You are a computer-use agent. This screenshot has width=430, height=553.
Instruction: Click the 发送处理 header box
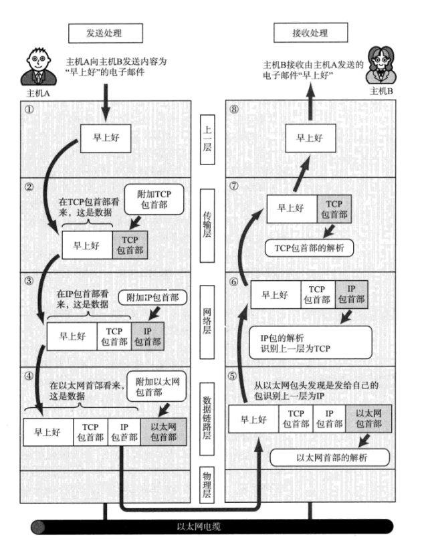[105, 32]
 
